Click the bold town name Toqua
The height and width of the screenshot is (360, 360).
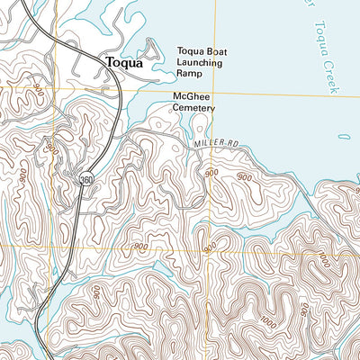124,63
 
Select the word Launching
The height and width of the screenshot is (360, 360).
201,64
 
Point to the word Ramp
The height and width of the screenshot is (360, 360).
191,76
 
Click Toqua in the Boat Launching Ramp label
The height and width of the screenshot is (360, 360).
190,52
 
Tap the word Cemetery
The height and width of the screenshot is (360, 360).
195,107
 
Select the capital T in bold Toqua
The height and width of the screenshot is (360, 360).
110,63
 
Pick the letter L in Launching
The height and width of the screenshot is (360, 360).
180,64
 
